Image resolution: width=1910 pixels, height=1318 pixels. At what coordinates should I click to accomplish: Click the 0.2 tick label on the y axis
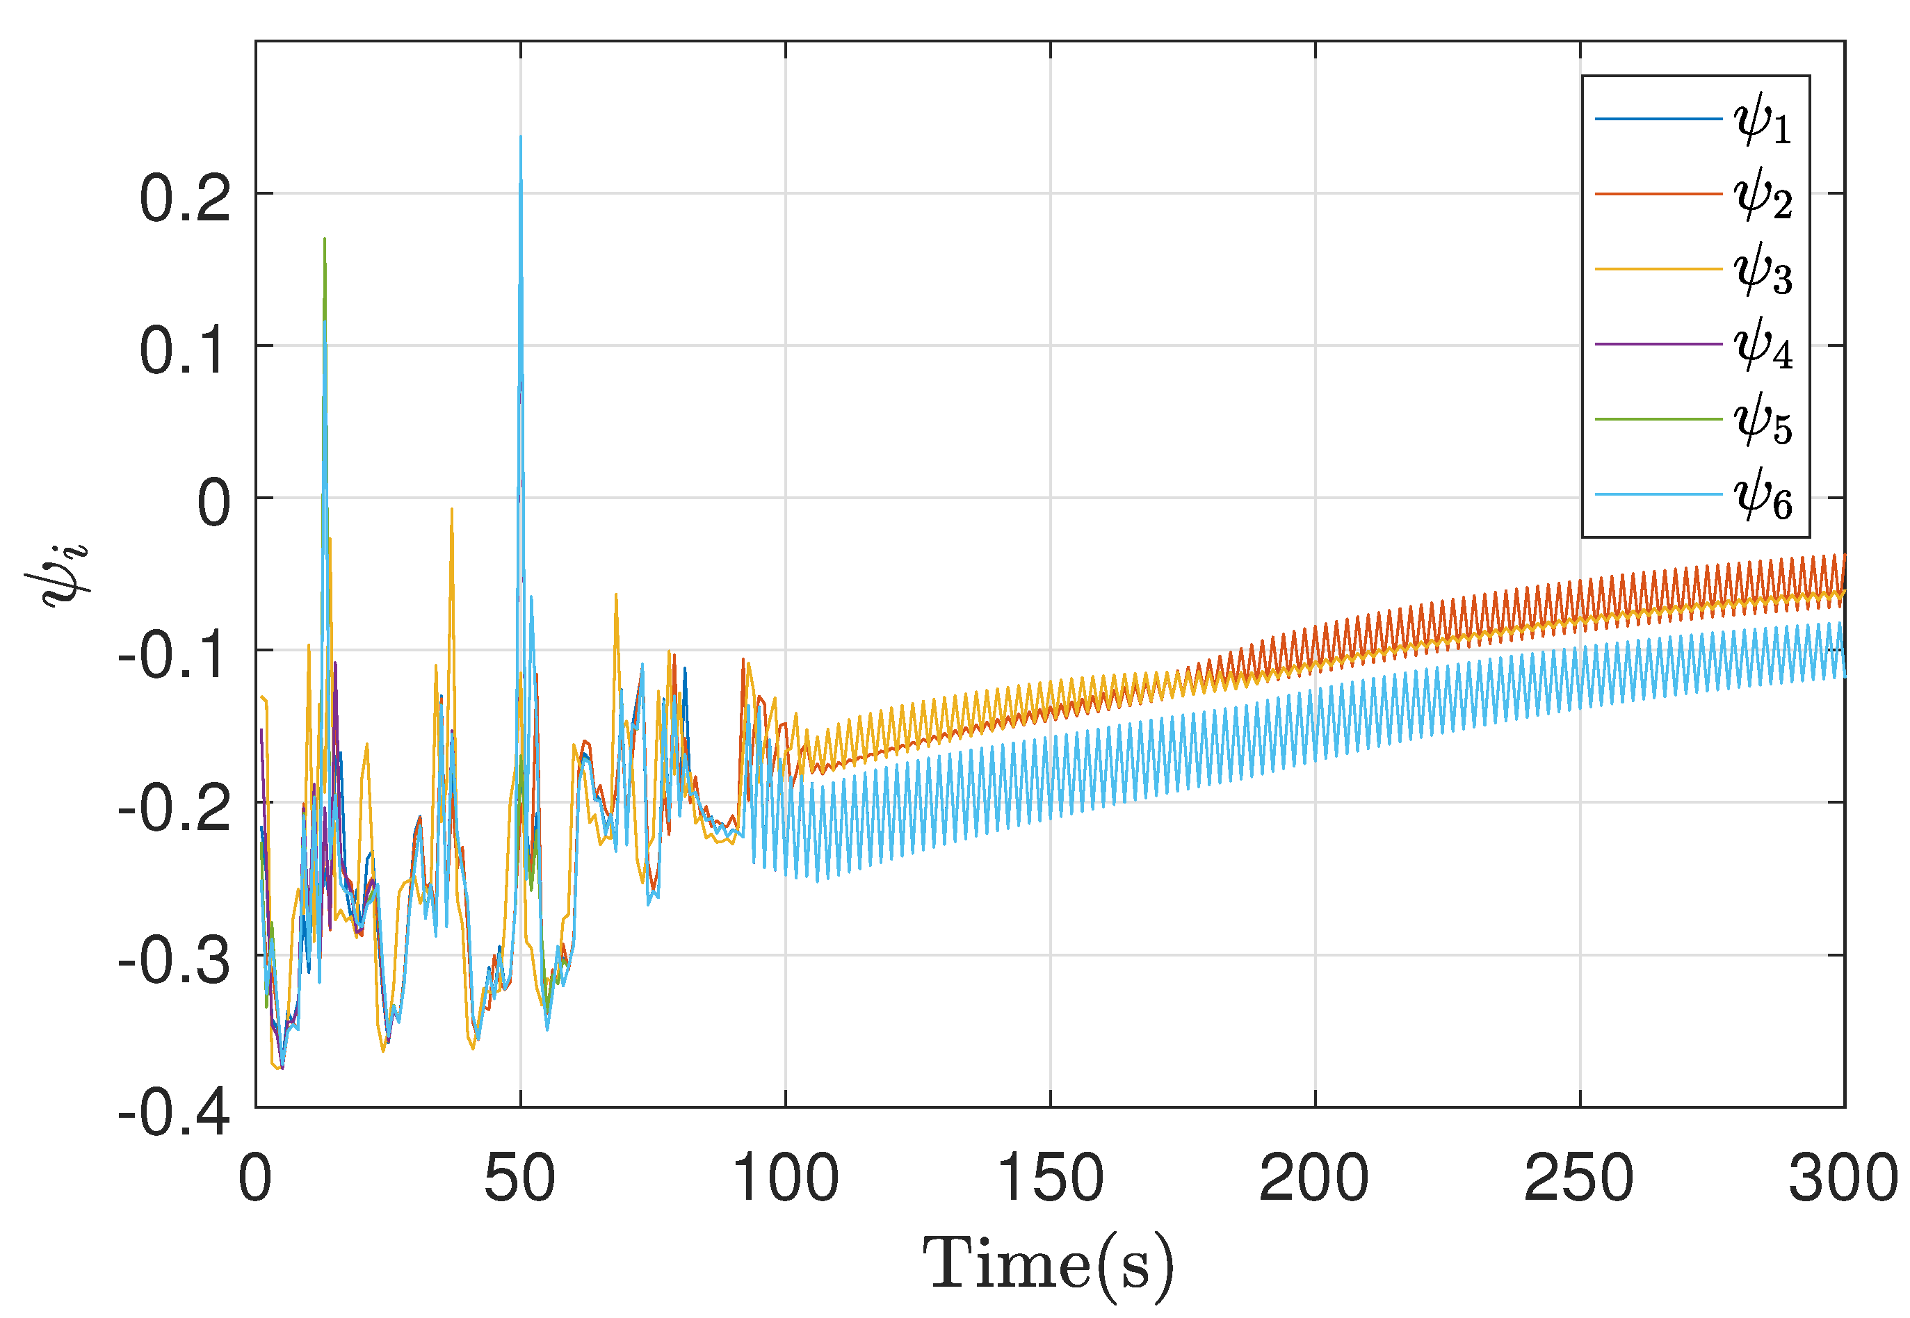coord(184,199)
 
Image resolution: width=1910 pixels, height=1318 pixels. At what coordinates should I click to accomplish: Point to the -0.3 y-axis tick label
coord(173,961)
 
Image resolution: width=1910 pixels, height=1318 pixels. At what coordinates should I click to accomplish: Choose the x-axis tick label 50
coord(519,1178)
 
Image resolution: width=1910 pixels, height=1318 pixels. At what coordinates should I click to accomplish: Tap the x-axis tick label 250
coord(1579,1178)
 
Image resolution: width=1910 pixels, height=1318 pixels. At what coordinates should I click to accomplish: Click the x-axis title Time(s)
coord(1048,1264)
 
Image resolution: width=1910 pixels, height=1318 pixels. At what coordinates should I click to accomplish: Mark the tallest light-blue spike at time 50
coord(520,137)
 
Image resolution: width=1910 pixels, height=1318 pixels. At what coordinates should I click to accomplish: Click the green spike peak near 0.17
coord(325,240)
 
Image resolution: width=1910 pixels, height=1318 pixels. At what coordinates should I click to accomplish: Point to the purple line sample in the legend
coord(1658,343)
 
